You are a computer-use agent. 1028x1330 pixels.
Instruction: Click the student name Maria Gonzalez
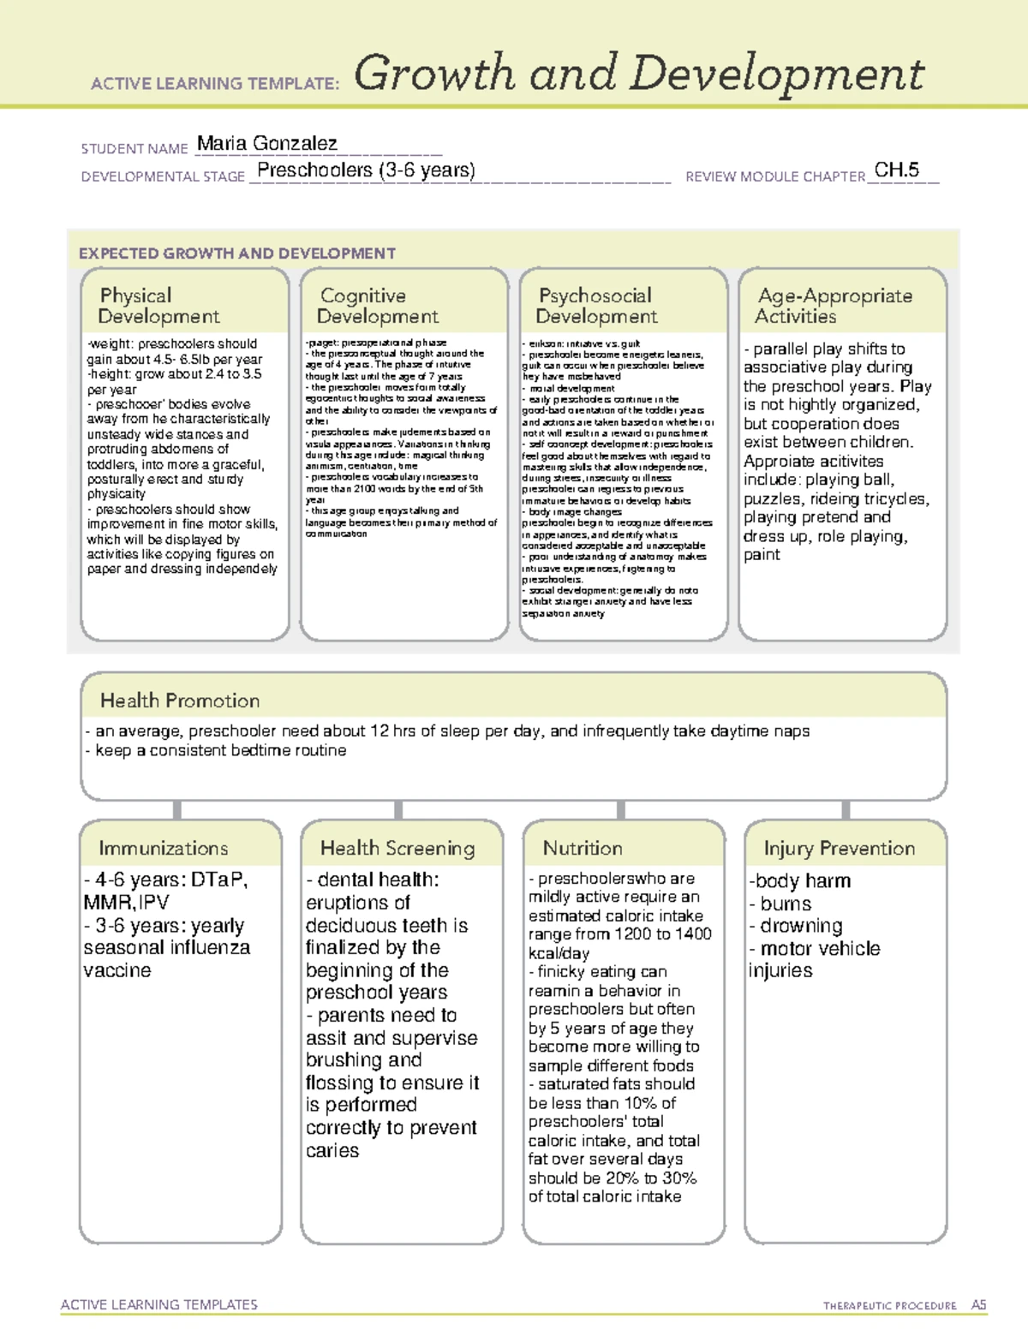tap(266, 144)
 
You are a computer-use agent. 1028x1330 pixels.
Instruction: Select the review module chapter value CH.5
tap(896, 170)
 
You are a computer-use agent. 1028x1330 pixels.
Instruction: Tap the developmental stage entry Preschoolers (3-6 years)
tap(366, 170)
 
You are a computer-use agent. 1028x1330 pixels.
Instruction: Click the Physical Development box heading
tap(158, 306)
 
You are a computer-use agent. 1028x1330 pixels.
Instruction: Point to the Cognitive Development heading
tap(377, 306)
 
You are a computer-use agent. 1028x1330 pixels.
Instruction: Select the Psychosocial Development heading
tap(596, 306)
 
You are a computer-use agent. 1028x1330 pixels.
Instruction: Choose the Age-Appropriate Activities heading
tap(834, 306)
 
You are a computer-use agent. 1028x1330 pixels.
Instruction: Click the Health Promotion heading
tap(180, 701)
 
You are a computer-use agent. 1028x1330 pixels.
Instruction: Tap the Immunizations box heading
tap(163, 848)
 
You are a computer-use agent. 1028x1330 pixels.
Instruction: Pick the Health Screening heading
tap(397, 848)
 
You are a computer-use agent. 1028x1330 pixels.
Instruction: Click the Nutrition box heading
tap(583, 848)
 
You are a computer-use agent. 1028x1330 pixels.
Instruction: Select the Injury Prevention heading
tap(840, 848)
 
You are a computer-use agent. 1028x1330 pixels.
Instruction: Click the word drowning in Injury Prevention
tap(801, 926)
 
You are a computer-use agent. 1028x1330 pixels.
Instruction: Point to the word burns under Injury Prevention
tap(786, 904)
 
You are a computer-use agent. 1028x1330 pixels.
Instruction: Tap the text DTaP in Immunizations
tap(218, 880)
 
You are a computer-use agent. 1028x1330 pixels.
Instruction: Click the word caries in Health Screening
tap(332, 1150)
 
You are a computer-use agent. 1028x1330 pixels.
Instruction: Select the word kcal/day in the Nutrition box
tap(559, 953)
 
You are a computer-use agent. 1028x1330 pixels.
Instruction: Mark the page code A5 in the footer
tap(978, 1305)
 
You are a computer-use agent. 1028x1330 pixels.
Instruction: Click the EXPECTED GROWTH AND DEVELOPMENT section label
tap(237, 253)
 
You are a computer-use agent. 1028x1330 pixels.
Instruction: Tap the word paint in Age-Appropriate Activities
tap(762, 555)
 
